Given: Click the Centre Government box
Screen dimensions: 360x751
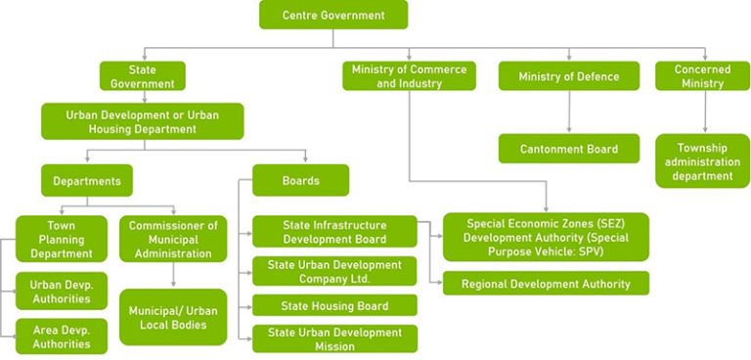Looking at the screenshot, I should [332, 15].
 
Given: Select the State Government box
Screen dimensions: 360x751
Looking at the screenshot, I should [142, 76].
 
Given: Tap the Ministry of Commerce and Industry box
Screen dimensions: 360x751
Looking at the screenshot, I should [409, 76].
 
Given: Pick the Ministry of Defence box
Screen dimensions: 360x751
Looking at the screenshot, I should [568, 76].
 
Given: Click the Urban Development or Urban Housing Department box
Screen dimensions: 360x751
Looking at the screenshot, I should [142, 121].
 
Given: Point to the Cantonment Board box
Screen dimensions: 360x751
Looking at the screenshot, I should [568, 149].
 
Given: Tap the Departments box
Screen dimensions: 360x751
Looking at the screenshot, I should [86, 180].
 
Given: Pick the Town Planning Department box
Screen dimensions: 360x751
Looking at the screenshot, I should [55, 239].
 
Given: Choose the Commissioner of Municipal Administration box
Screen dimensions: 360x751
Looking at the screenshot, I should [172, 239].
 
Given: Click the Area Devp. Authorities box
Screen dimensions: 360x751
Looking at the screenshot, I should [55, 335].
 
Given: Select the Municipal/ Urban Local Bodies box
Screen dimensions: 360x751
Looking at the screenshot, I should [172, 317].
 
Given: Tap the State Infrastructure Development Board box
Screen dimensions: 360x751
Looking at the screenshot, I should [334, 232].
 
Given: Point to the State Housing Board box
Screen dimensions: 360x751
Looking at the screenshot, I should [334, 305].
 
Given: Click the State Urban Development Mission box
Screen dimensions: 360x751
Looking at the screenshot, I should [334, 338].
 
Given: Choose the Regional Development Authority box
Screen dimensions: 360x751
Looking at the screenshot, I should [546, 284].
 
